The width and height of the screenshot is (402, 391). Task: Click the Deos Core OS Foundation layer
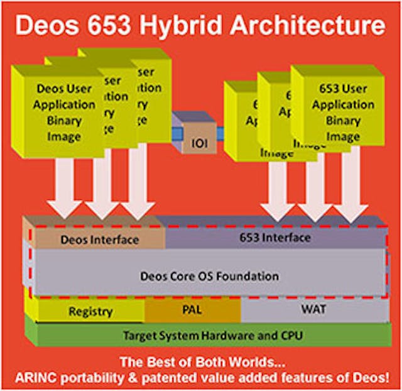pos(209,276)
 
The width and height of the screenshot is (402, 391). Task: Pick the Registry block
pos(90,311)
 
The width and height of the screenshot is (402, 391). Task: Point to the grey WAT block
pos(312,310)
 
